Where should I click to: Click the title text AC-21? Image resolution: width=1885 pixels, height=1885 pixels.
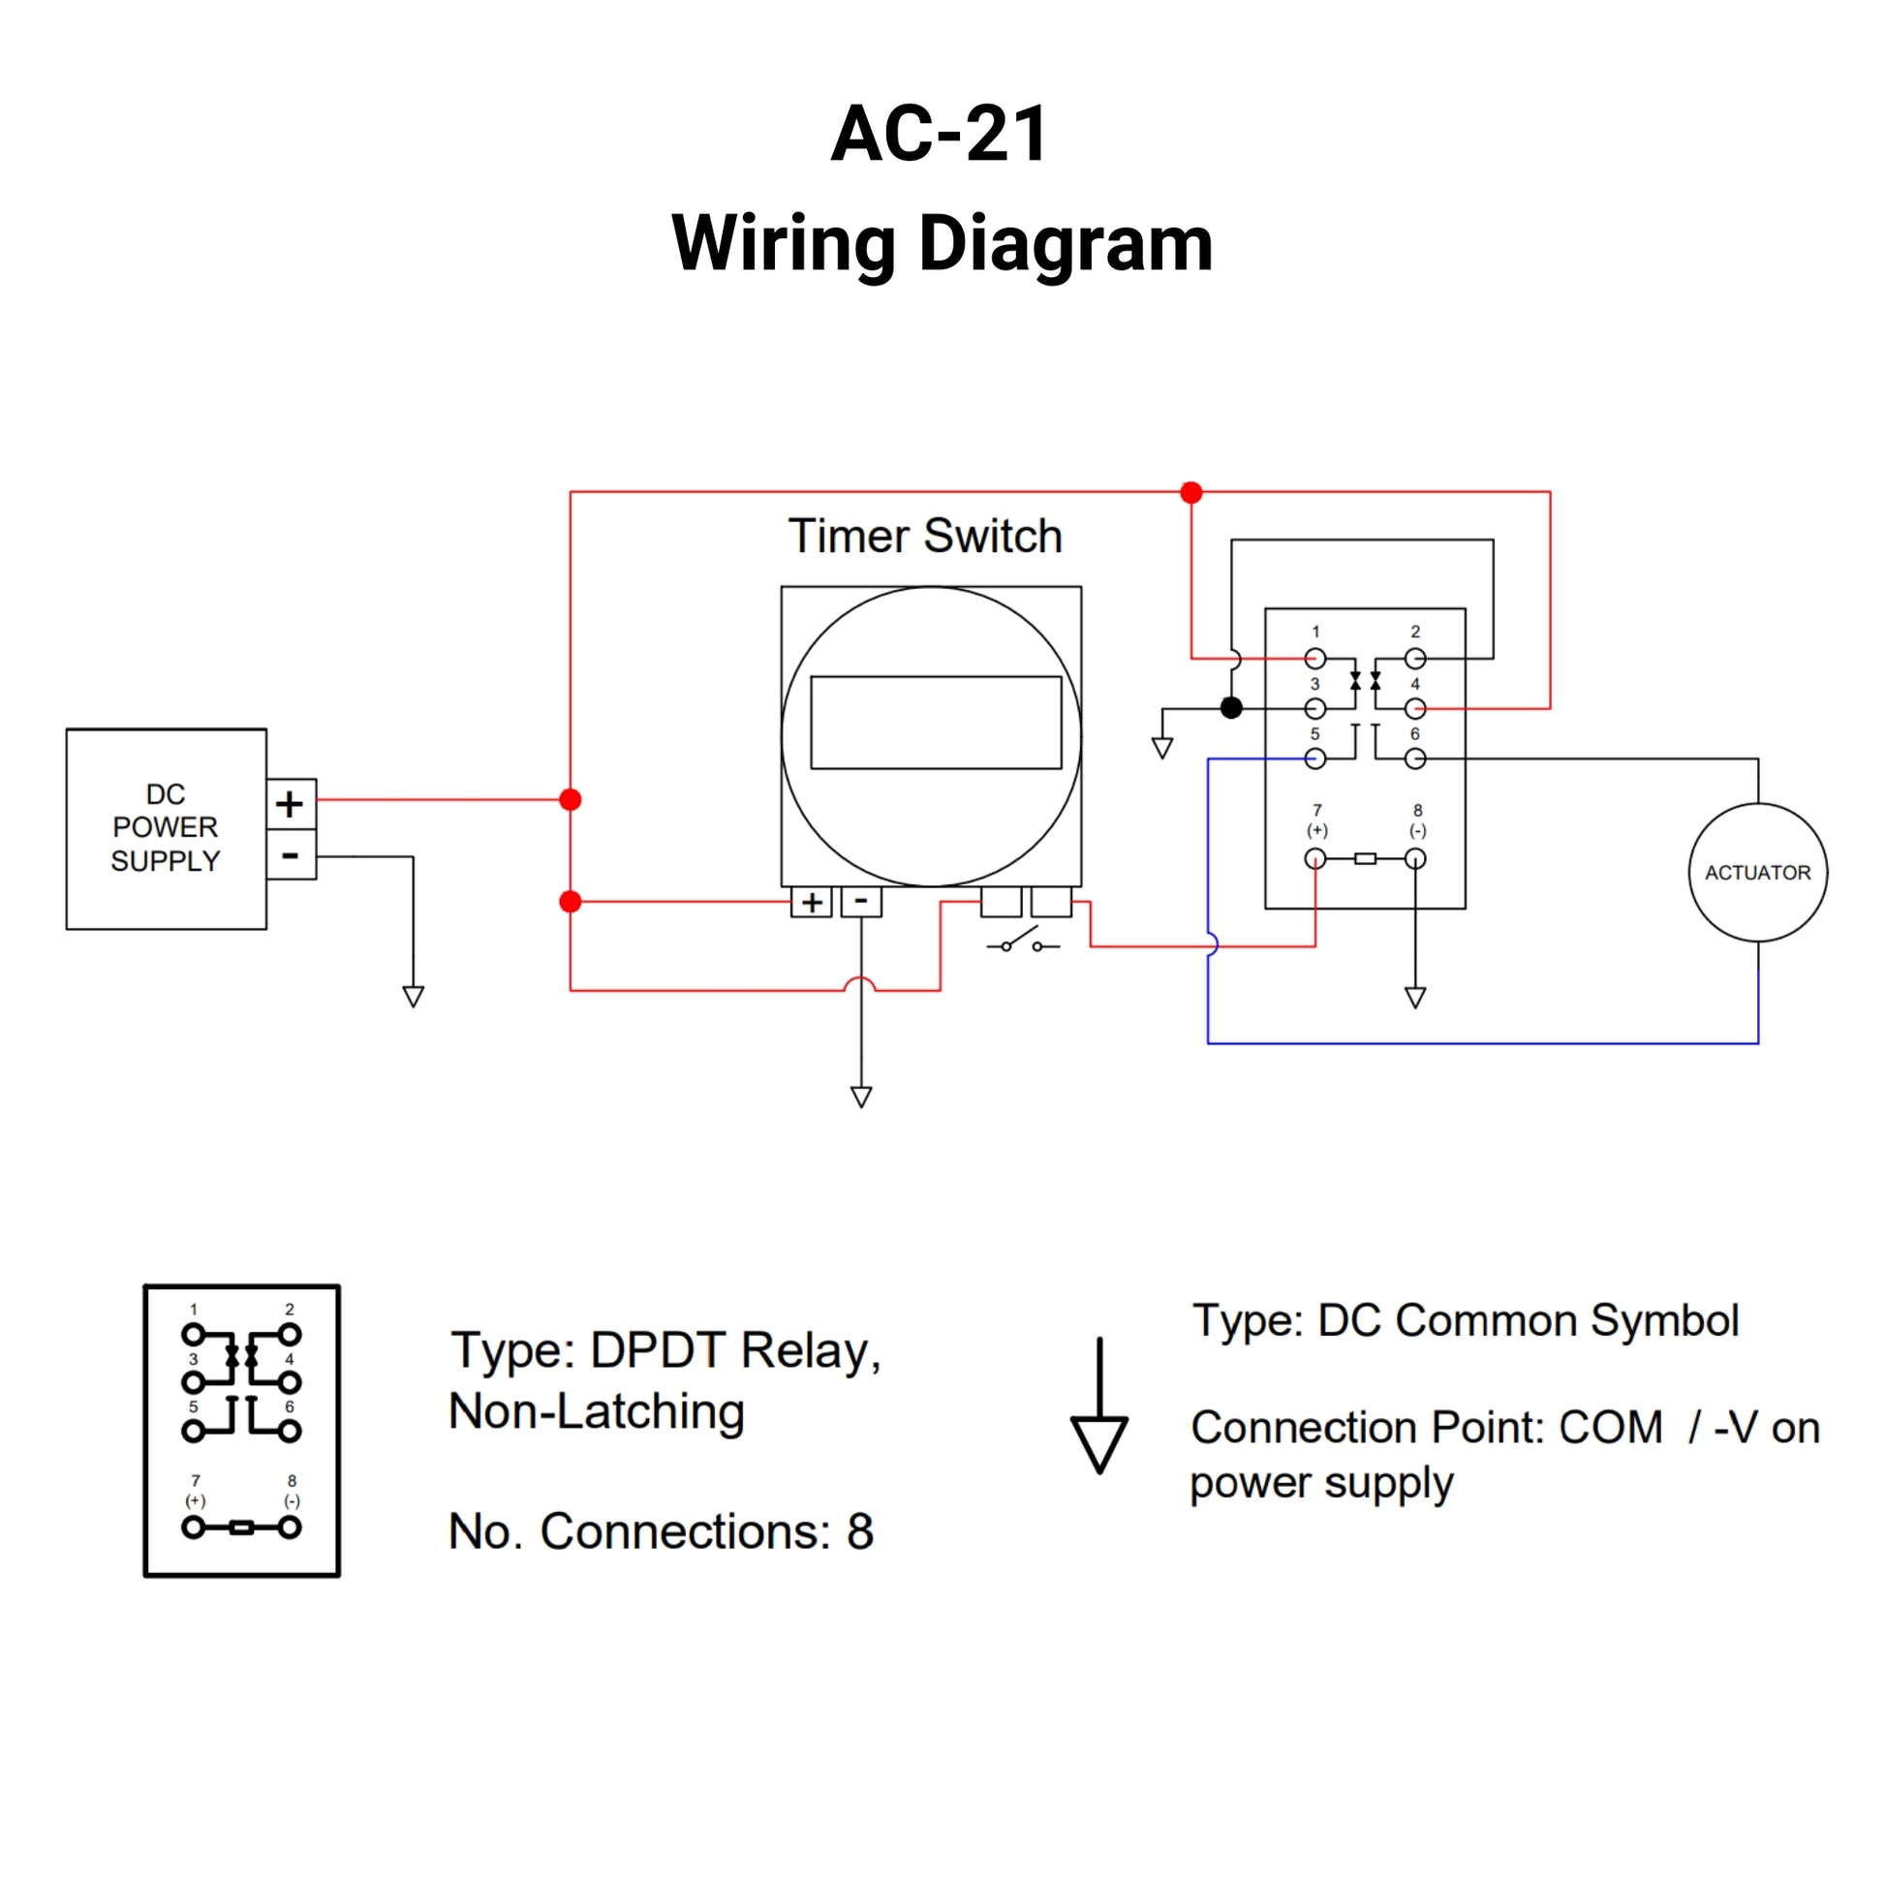[x=940, y=134]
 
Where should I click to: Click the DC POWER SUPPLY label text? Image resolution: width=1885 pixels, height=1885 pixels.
[x=166, y=827]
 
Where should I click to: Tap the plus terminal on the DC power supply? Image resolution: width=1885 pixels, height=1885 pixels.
[x=290, y=804]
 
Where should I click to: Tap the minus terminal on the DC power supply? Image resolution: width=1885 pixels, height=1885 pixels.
[x=290, y=856]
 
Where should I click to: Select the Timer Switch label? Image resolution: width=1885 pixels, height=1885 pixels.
[x=925, y=536]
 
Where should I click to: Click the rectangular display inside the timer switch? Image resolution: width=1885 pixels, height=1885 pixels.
[x=936, y=722]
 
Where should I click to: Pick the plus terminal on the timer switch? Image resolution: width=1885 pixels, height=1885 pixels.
[x=811, y=902]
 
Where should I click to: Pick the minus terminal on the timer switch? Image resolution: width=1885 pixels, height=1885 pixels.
[x=860, y=902]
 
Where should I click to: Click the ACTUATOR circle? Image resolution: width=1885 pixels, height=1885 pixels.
[x=1757, y=872]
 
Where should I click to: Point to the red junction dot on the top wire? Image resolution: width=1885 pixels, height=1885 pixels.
[x=1190, y=493]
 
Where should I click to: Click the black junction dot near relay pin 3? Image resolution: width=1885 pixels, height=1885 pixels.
[x=1231, y=708]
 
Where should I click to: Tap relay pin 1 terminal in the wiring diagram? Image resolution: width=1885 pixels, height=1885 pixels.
[x=1315, y=659]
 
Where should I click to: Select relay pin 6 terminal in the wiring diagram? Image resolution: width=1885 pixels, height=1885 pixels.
[x=1415, y=758]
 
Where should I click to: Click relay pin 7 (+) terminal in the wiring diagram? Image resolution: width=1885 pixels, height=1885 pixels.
[x=1315, y=858]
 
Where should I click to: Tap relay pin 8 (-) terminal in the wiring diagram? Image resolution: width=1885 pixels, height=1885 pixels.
[x=1415, y=858]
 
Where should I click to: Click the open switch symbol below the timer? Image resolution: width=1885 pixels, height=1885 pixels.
[x=1023, y=943]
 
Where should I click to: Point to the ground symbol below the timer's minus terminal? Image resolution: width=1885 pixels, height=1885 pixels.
[x=860, y=1097]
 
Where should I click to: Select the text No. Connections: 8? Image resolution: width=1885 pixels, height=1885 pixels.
[x=661, y=1530]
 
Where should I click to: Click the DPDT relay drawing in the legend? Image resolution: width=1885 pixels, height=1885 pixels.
[x=242, y=1431]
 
